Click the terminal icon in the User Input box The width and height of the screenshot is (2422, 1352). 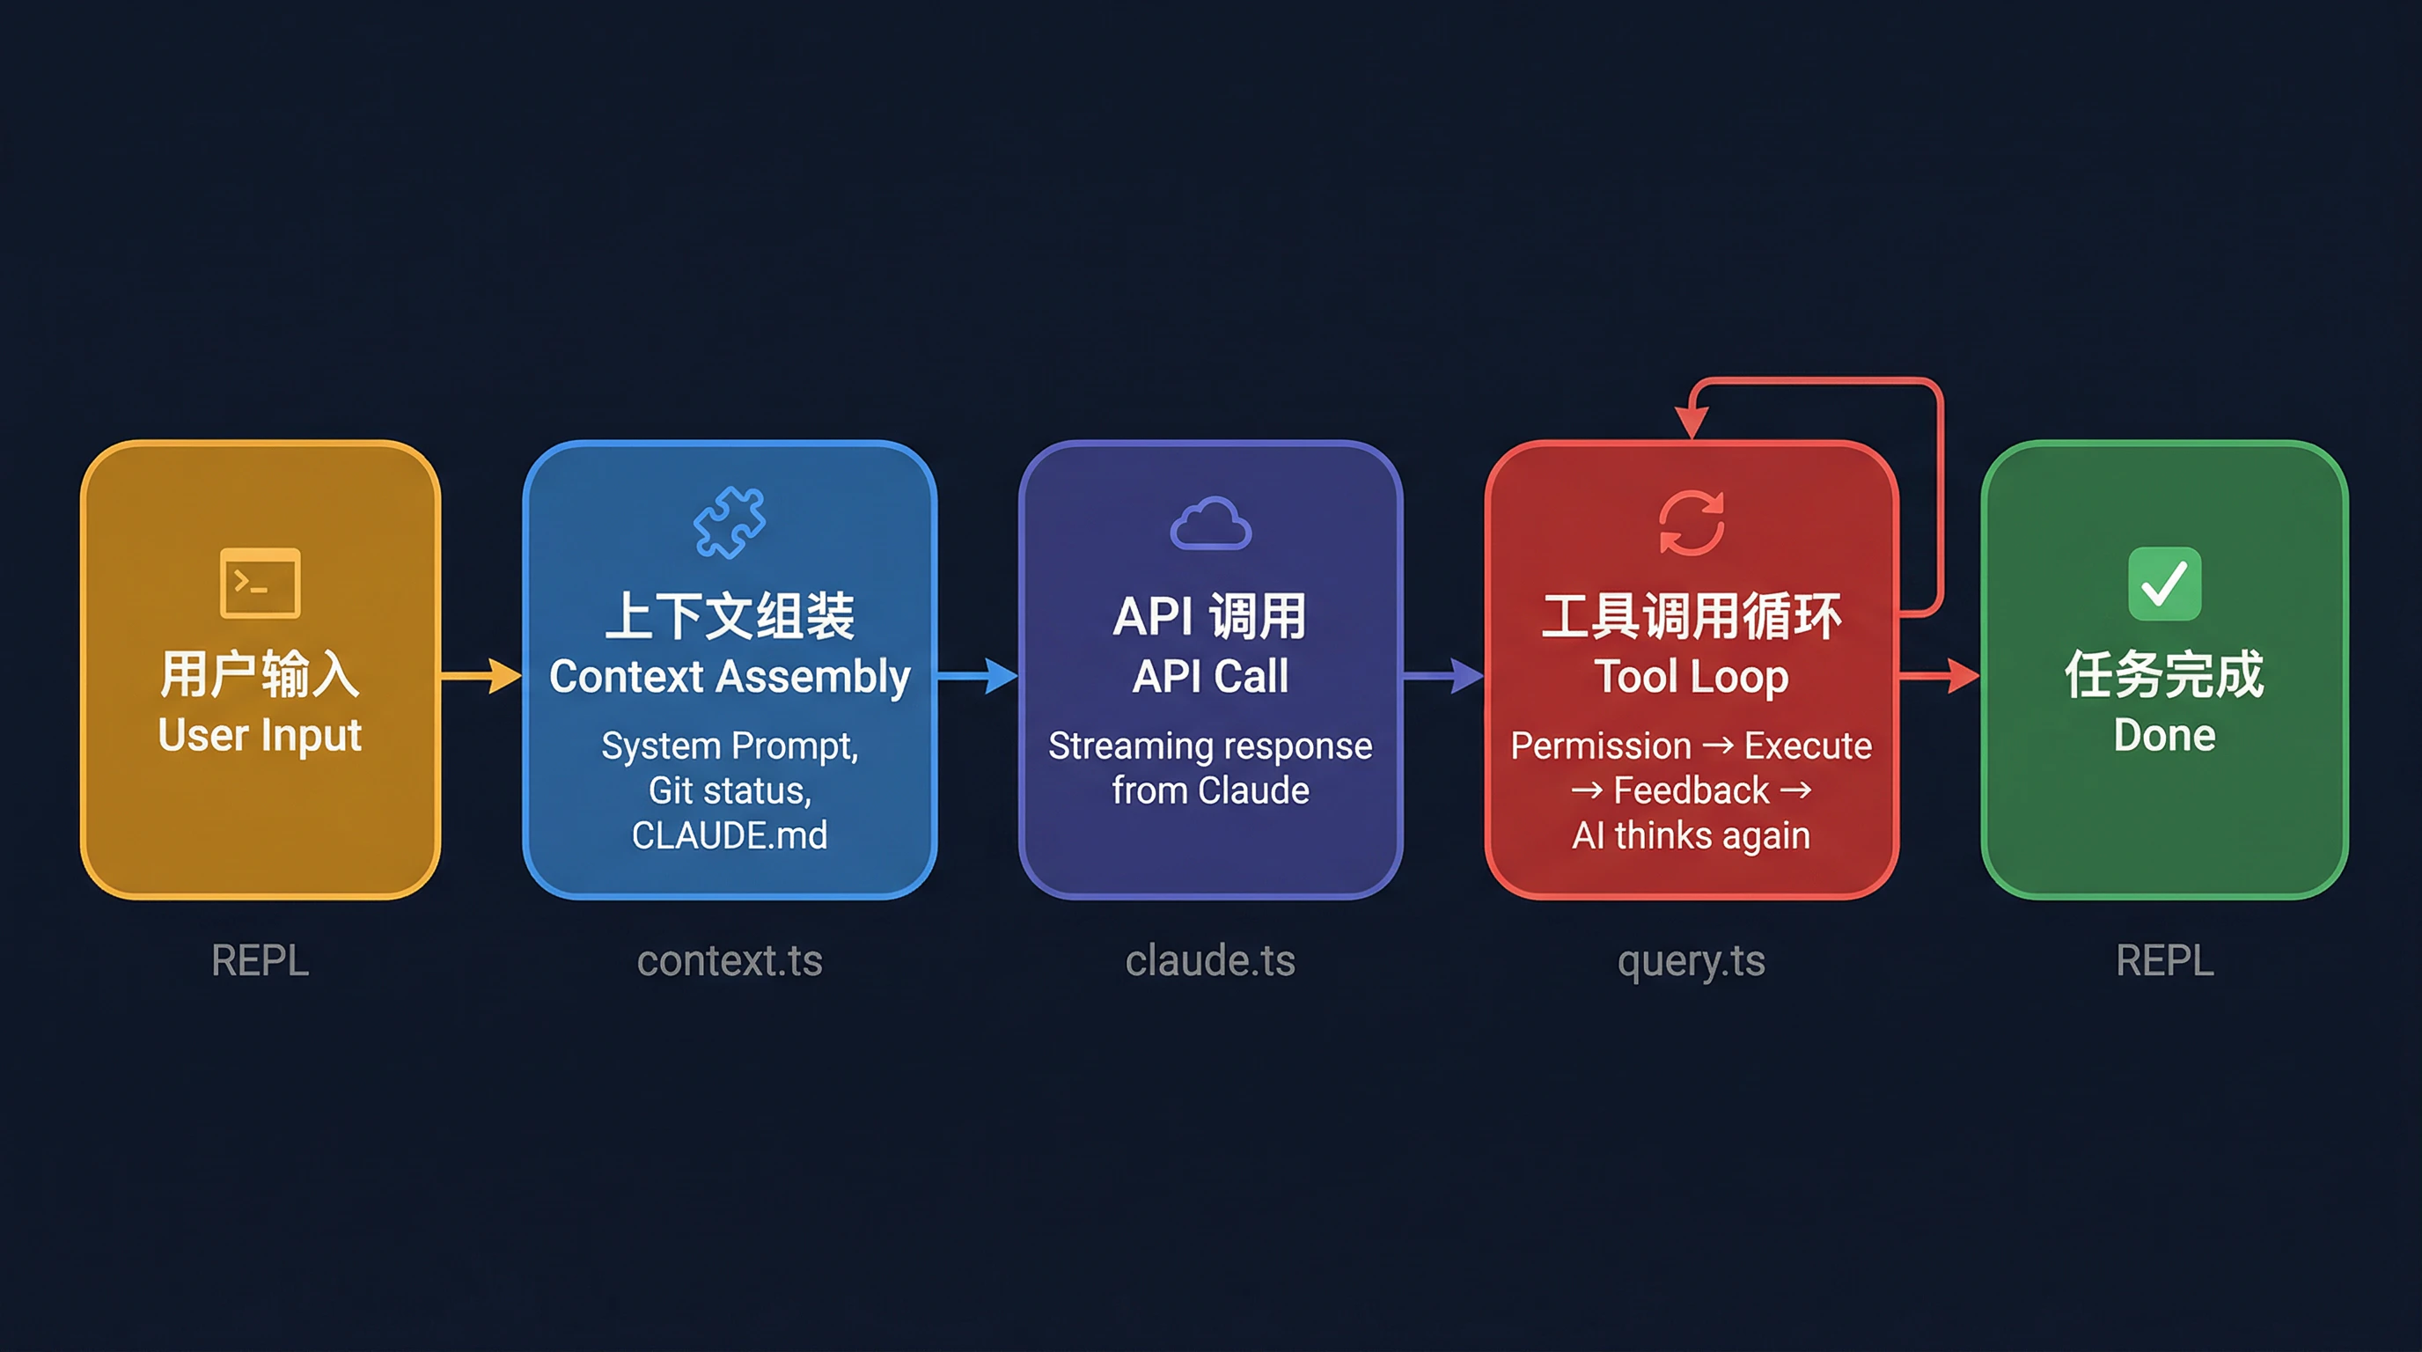pyautogui.click(x=261, y=583)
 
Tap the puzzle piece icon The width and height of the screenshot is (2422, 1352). pyautogui.click(x=730, y=522)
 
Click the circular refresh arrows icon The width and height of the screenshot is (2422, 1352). pyautogui.click(x=1692, y=523)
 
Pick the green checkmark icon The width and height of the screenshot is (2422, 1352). pyautogui.click(x=2164, y=583)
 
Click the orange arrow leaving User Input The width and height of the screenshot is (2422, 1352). pyautogui.click(x=481, y=675)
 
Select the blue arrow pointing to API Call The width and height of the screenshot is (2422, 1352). pyautogui.click(x=977, y=675)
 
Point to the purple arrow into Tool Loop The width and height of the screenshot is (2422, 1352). pyautogui.click(x=1443, y=675)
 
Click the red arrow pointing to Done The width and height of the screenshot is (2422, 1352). pyautogui.click(x=1940, y=675)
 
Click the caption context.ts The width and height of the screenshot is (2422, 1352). pyautogui.click(x=730, y=961)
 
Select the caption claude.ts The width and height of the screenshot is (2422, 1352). pyautogui.click(x=1211, y=961)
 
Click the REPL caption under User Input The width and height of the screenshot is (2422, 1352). pyautogui.click(x=261, y=961)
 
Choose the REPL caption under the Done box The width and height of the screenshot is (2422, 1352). pyautogui.click(x=2164, y=961)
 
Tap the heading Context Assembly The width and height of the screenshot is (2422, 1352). pyautogui.click(x=730, y=677)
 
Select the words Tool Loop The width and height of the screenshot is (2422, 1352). pyautogui.click(x=1692, y=677)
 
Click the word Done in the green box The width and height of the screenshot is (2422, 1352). pyautogui.click(x=2164, y=735)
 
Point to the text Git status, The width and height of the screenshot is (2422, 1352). pyautogui.click(x=730, y=790)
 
